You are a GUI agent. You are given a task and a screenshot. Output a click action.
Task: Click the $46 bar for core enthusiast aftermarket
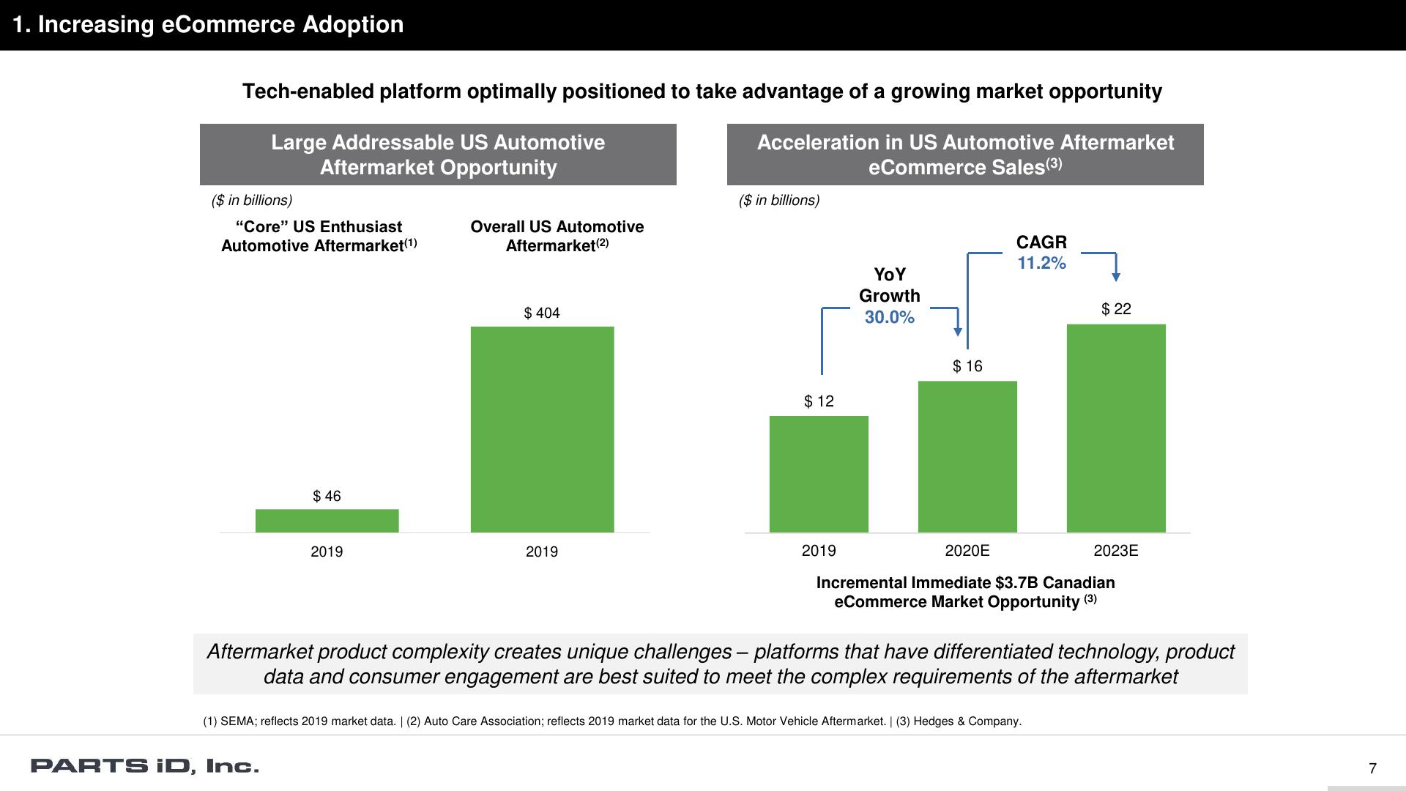[x=327, y=521]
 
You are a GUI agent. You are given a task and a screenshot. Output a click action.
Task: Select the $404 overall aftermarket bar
[x=542, y=429]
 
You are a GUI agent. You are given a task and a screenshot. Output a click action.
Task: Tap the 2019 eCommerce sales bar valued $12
[x=819, y=474]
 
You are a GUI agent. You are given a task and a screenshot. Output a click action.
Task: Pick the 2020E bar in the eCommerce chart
[x=967, y=456]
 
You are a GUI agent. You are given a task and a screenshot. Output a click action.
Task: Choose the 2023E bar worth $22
[x=1116, y=428]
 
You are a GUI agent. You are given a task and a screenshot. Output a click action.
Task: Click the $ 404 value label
[x=542, y=313]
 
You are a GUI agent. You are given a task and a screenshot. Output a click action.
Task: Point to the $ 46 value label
[x=327, y=497]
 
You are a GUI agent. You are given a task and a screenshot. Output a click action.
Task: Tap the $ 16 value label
[x=967, y=366]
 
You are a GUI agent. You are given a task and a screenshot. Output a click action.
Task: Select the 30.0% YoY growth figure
[x=889, y=317]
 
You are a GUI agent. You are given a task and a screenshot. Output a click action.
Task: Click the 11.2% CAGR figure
[x=1041, y=263]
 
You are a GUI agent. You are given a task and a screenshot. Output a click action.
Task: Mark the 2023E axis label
[x=1116, y=551]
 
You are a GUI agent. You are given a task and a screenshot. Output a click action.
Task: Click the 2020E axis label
[x=967, y=551]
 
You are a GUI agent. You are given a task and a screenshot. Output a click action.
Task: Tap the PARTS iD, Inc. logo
[x=144, y=767]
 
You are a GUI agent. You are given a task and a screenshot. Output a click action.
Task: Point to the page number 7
[x=1372, y=768]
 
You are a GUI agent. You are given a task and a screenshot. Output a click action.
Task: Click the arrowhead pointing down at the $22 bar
[x=1116, y=277]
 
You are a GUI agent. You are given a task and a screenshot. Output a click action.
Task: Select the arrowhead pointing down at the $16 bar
[x=957, y=332]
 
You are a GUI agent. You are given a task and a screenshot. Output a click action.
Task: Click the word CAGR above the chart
[x=1041, y=242]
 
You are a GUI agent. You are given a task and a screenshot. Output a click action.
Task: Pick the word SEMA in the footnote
[x=236, y=721]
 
